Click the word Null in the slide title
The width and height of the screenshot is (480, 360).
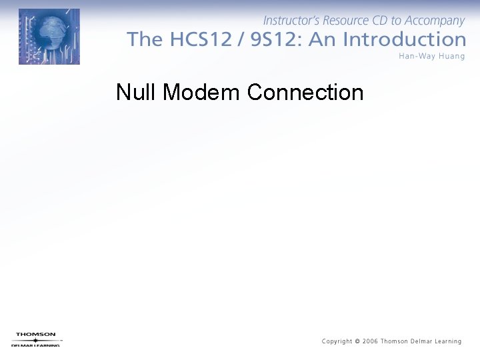(137, 92)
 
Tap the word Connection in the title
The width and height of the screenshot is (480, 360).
(305, 92)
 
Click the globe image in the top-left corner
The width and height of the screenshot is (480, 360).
(49, 37)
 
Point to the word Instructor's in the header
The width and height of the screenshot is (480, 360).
(293, 21)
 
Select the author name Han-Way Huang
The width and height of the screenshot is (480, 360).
(431, 56)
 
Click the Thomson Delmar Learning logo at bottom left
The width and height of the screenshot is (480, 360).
(36, 339)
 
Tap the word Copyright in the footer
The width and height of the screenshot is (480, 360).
(337, 341)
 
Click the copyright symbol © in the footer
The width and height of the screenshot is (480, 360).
(358, 341)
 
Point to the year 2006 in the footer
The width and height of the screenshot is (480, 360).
(370, 341)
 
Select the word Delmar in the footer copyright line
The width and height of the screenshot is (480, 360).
(419, 341)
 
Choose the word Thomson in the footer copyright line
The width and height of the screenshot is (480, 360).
(394, 341)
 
